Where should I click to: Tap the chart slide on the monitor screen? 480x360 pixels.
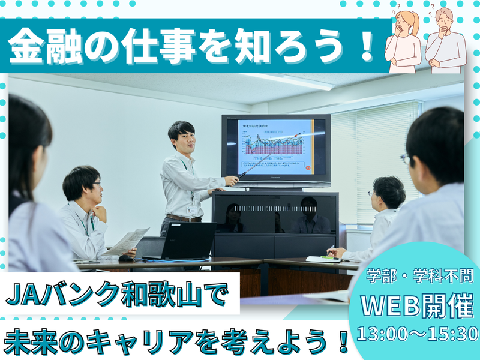275,146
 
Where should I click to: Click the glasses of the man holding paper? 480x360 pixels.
96,184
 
